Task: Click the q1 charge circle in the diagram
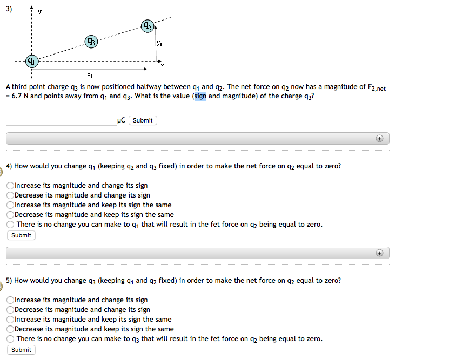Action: coord(33,61)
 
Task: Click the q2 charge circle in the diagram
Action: coord(147,26)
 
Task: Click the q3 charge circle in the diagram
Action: coord(91,41)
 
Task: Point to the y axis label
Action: coord(38,11)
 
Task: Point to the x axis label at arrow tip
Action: coord(162,66)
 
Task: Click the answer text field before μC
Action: coord(61,120)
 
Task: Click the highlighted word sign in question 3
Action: coord(200,96)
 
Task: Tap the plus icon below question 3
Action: coord(380,139)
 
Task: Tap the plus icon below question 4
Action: coord(380,253)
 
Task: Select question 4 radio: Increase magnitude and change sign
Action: coord(10,186)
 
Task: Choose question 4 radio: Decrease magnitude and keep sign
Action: coord(10,215)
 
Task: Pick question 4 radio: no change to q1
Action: coord(10,225)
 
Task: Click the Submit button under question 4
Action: coord(21,235)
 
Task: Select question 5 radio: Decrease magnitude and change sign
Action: coord(10,310)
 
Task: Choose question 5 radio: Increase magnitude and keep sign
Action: coord(10,320)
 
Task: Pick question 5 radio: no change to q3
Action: coord(10,339)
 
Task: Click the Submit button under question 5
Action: coord(21,350)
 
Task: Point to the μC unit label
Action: coord(121,120)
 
